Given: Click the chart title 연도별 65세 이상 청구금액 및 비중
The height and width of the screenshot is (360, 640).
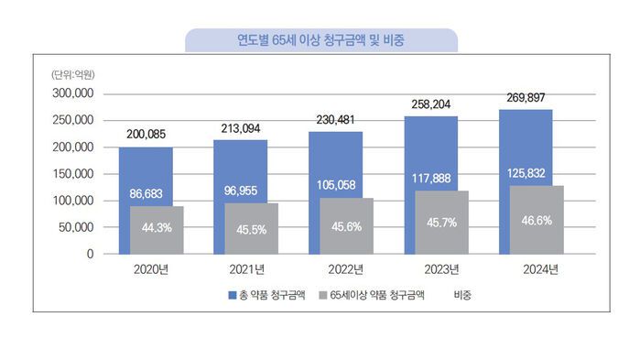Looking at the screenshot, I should pyautogui.click(x=321, y=40).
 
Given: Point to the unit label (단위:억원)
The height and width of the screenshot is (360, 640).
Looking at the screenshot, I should pyautogui.click(x=72, y=73).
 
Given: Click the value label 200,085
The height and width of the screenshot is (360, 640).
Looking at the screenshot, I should pyautogui.click(x=146, y=136).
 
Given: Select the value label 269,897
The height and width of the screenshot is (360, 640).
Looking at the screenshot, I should pyautogui.click(x=526, y=98).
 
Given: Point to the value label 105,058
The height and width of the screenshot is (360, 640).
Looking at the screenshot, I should pyautogui.click(x=334, y=183).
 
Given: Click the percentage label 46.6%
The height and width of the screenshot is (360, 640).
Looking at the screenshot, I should pyautogui.click(x=537, y=221).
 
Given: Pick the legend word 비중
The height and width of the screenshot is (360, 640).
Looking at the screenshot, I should pyautogui.click(x=462, y=297).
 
